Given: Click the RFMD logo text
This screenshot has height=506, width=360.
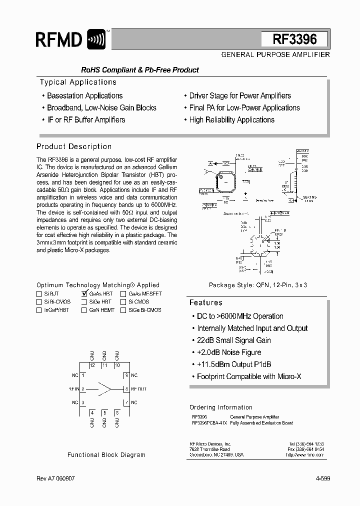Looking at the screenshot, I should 59,39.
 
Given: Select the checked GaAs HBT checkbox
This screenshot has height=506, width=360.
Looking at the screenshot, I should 84,294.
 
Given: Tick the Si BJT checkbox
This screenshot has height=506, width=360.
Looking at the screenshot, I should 39,294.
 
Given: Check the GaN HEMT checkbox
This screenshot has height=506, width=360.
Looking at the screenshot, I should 84,310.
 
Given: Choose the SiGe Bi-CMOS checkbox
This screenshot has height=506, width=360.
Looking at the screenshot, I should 123,310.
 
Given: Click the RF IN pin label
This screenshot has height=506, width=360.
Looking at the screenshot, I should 74,388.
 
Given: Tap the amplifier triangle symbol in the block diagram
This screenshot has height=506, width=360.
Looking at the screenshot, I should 105,388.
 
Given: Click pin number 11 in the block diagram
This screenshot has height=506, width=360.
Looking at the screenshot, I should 104,365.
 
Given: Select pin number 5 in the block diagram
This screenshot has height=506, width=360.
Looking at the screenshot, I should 104,412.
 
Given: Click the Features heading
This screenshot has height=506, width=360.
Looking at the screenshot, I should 205,302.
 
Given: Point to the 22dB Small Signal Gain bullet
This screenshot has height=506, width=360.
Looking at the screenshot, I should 233,340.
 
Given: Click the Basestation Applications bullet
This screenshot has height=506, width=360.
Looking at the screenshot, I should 84,95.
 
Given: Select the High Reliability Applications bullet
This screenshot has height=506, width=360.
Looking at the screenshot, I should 231,120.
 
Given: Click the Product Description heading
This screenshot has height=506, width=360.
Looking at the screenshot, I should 74,146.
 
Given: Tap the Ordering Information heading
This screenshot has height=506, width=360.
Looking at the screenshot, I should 221,407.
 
